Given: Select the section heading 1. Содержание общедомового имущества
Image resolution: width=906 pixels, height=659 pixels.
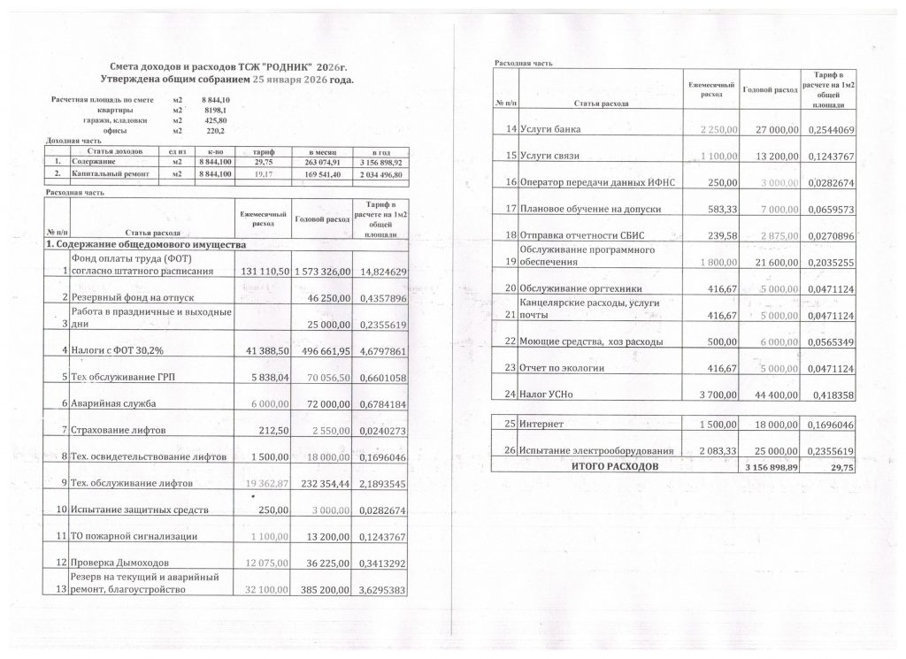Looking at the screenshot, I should (146, 244).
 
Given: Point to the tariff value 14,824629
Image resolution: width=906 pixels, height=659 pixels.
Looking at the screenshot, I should (380, 271).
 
